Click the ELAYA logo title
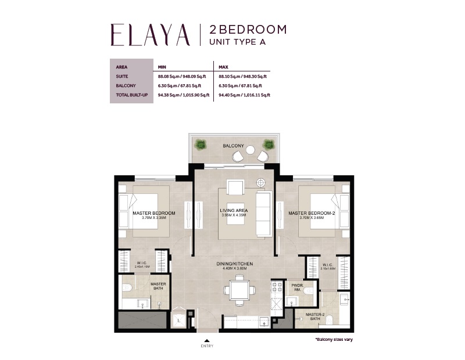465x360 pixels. click(150, 35)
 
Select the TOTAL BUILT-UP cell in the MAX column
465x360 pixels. click(241, 94)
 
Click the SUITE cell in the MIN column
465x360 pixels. click(183, 76)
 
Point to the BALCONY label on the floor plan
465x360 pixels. click(233, 146)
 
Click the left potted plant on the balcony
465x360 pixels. click(201, 145)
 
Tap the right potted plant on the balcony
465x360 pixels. click(267, 144)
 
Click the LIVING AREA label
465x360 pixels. click(234, 210)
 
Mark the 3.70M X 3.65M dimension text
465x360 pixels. click(312, 218)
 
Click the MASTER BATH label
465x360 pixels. click(158, 286)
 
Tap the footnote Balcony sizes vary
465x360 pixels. click(334, 339)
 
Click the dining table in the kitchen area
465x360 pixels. click(239, 290)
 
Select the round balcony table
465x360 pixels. click(251, 149)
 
